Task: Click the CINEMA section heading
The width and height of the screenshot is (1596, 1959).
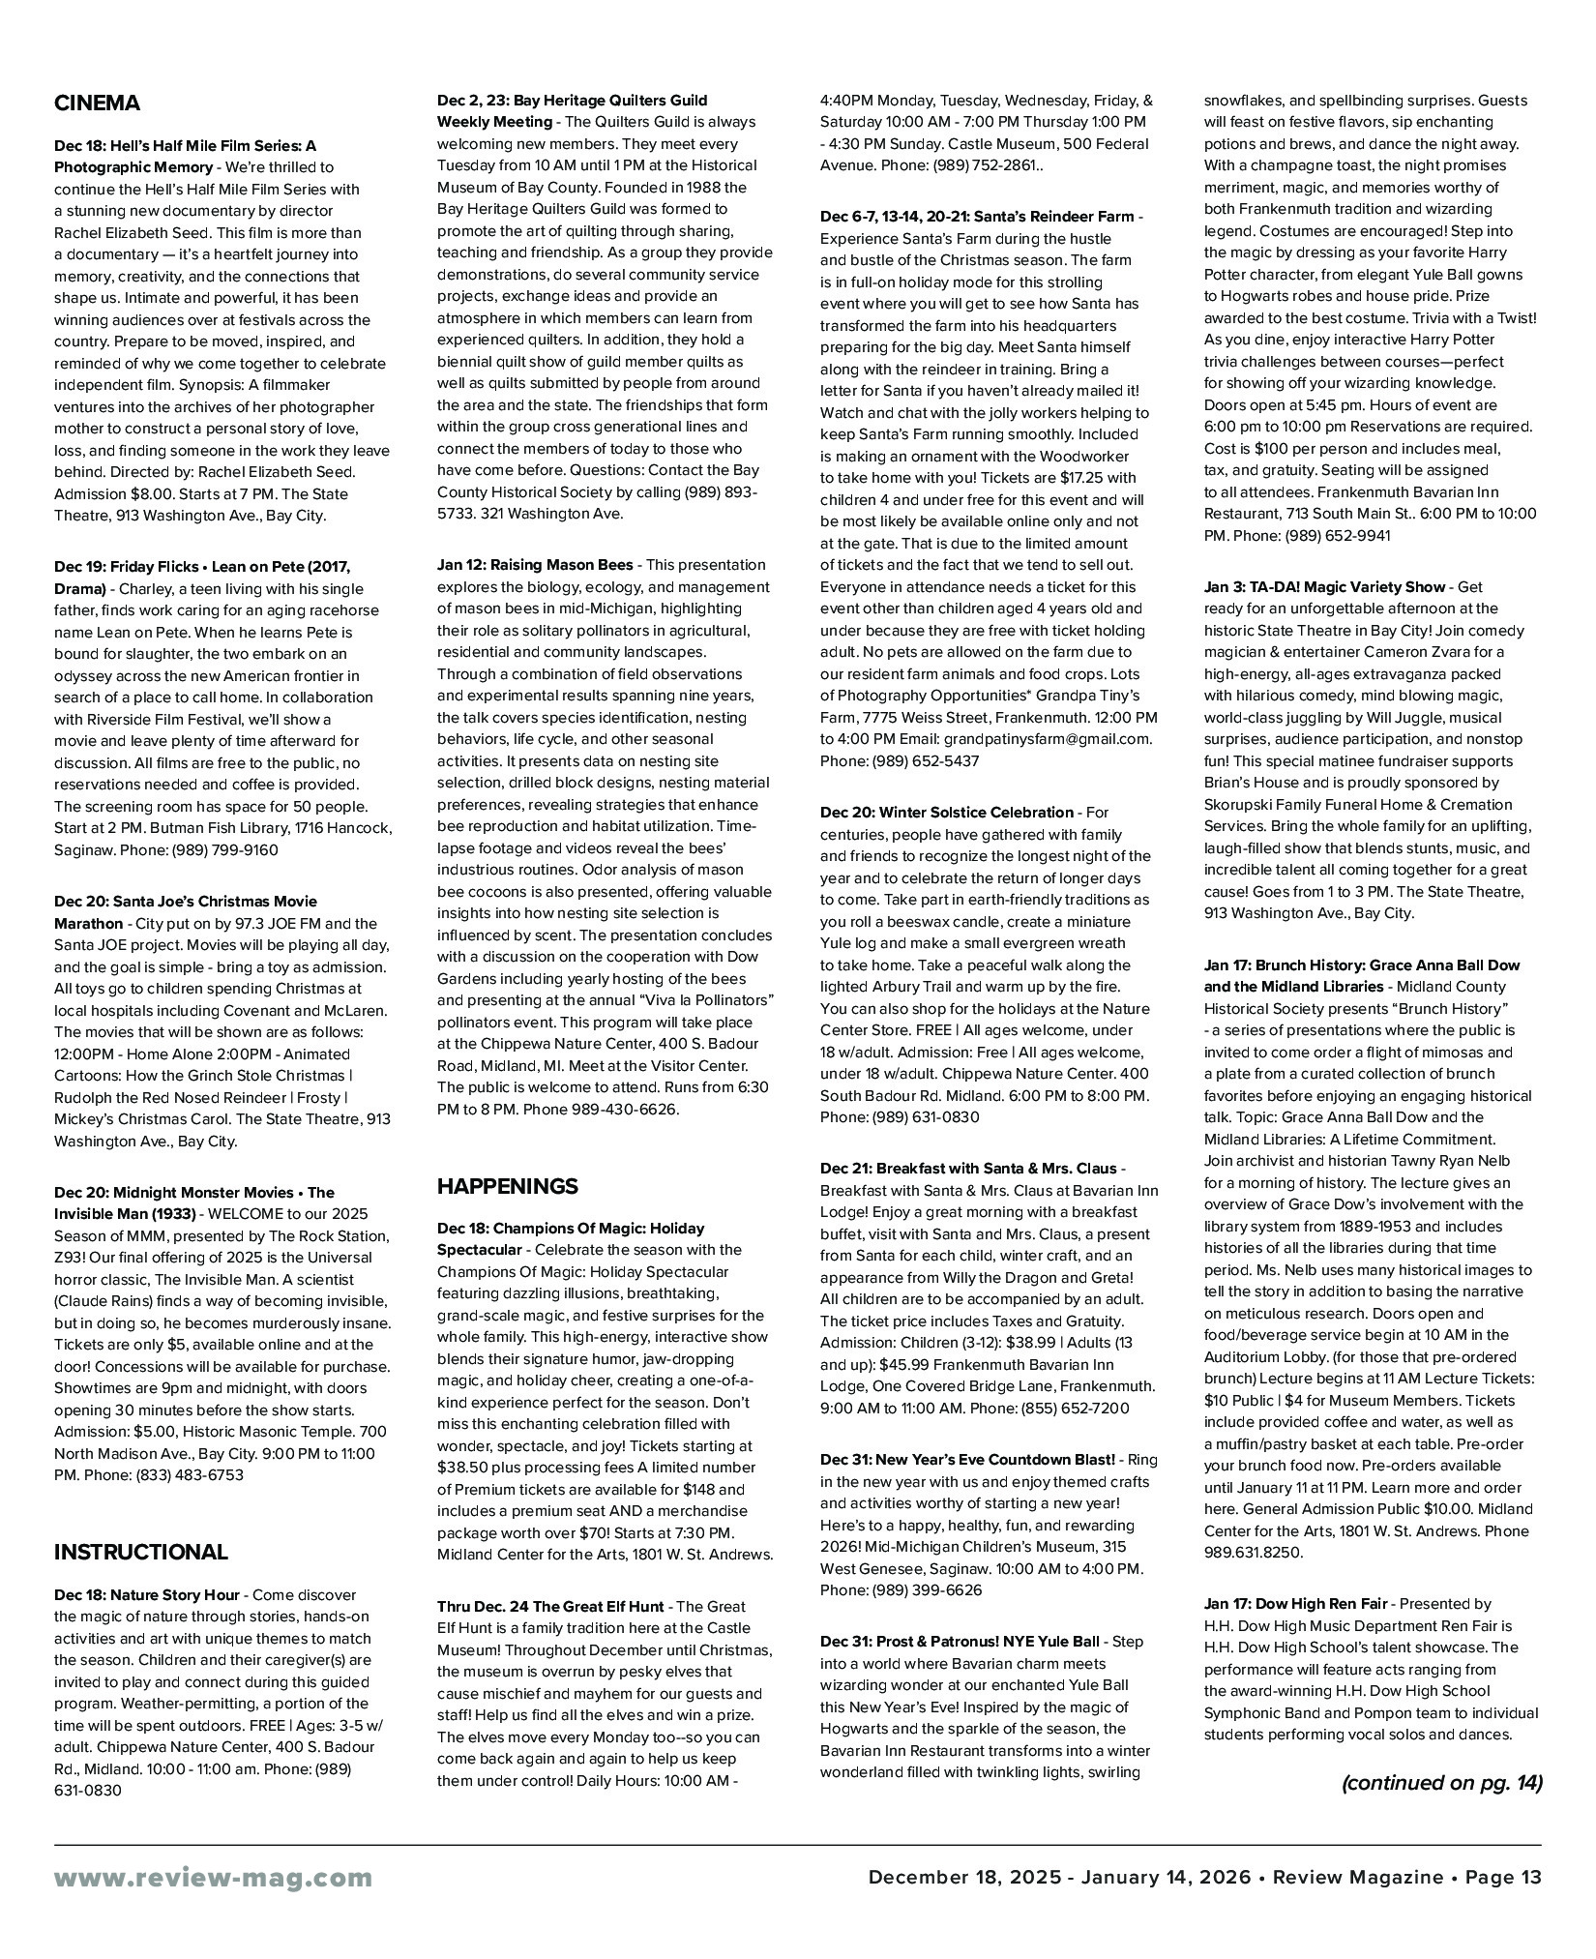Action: point(97,104)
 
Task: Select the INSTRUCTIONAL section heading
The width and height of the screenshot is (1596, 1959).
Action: point(141,1553)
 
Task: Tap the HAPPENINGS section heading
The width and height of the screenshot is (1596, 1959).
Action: point(508,1186)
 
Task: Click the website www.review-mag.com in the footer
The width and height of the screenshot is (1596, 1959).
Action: point(213,1878)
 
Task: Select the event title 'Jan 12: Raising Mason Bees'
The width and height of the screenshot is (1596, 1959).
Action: point(535,565)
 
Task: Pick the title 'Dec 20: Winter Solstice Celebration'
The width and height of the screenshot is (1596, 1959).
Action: point(946,813)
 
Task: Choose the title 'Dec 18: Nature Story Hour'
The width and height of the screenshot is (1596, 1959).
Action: point(148,1595)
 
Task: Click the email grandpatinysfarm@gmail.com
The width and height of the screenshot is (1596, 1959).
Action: point(1048,739)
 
